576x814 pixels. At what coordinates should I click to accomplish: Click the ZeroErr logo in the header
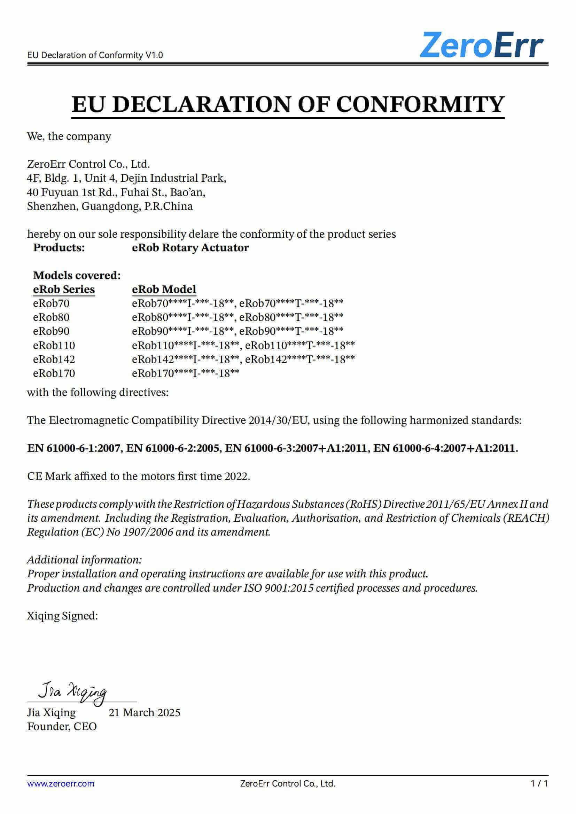click(481, 45)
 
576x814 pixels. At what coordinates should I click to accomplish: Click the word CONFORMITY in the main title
click(420, 105)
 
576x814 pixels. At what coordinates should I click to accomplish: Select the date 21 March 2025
click(145, 712)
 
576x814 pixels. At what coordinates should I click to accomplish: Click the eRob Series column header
click(64, 289)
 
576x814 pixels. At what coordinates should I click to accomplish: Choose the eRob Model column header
click(164, 289)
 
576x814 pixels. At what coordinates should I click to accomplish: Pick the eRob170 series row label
click(54, 373)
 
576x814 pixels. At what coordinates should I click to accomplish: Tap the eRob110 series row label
click(54, 345)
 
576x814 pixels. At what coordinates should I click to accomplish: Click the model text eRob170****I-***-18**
click(186, 373)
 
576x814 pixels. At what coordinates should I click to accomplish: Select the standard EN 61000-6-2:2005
click(173, 449)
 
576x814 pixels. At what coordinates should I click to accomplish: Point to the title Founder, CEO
click(62, 726)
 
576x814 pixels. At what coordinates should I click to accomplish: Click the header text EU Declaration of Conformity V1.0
click(95, 55)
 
